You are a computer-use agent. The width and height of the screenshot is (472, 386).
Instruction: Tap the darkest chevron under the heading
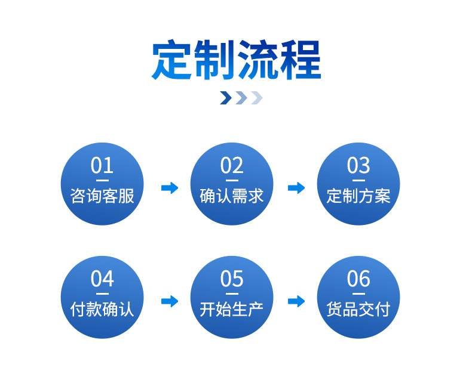tap(226, 98)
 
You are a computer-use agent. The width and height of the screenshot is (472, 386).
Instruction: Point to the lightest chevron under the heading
tap(256, 98)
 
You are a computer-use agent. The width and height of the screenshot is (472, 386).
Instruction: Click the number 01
tap(102, 165)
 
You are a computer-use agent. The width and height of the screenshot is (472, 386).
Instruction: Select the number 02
tap(232, 165)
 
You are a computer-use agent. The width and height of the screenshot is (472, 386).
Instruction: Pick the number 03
tap(358, 165)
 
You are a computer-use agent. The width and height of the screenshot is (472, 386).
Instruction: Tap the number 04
tap(102, 279)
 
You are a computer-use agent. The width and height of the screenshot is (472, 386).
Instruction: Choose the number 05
tap(232, 279)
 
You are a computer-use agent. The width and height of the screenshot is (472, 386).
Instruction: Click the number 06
tap(358, 279)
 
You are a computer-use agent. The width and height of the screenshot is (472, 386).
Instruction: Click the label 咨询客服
tap(102, 196)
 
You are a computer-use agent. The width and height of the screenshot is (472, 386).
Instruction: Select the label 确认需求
tap(232, 196)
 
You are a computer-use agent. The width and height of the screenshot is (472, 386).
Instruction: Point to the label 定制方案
tap(358, 196)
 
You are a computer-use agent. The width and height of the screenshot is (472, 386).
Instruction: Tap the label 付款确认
tap(102, 309)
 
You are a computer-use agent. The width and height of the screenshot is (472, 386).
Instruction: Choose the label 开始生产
tap(232, 309)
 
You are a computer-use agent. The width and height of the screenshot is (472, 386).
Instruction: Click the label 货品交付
tap(358, 309)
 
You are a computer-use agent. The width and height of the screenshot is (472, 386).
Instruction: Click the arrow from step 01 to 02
tap(170, 188)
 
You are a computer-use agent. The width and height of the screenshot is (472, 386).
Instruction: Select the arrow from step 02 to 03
tap(296, 188)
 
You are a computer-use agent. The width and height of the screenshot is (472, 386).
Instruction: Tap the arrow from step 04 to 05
tap(170, 301)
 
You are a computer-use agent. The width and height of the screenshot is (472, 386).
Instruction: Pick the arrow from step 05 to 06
tap(296, 301)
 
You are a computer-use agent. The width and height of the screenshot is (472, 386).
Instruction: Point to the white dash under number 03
tap(358, 180)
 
